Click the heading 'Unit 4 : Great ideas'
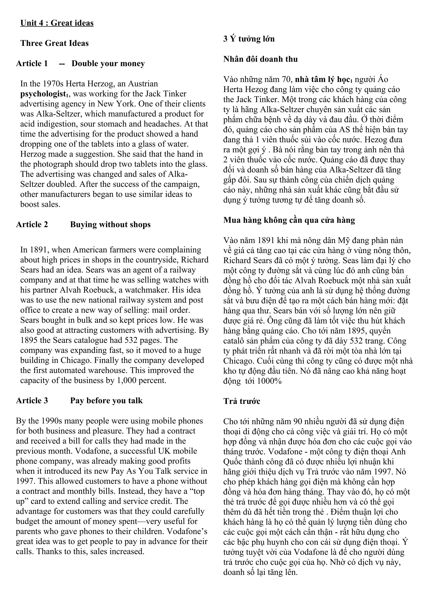[x=57, y=23]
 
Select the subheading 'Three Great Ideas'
[x=54, y=43]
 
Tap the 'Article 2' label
[x=32, y=225]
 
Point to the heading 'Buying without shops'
[x=110, y=225]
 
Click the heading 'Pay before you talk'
[x=106, y=400]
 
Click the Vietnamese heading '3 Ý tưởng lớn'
[x=249, y=39]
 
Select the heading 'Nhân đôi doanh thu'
[x=260, y=59]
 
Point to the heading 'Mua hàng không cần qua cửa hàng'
[x=289, y=220]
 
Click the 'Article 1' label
[x=32, y=63]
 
